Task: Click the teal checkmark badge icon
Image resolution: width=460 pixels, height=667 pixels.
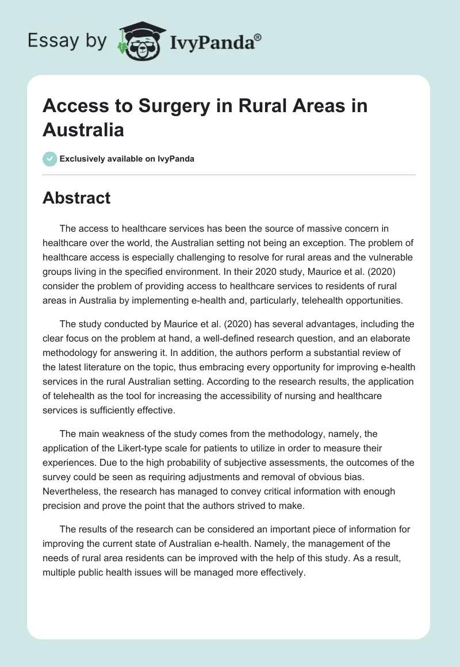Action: coord(50,159)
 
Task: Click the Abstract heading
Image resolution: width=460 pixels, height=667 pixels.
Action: coord(76,198)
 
